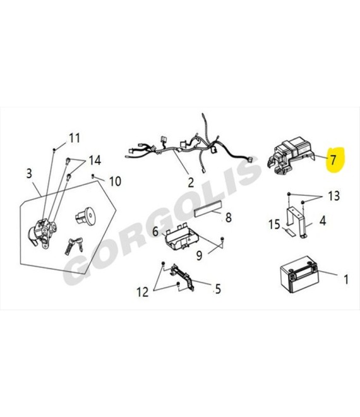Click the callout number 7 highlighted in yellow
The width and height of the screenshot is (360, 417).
click(333, 160)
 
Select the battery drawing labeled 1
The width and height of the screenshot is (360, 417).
click(299, 274)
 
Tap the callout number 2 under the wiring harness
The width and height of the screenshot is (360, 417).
click(191, 183)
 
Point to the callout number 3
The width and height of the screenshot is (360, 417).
click(29, 173)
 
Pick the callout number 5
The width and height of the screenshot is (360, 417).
click(218, 289)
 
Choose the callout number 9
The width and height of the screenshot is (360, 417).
click(199, 255)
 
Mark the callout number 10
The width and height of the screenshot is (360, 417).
click(115, 181)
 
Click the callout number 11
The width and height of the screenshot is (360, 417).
click(74, 138)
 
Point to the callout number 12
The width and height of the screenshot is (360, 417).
click(142, 292)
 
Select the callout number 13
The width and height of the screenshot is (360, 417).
click(333, 196)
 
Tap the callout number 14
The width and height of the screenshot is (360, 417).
click(95, 160)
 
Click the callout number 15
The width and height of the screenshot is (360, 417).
click(274, 224)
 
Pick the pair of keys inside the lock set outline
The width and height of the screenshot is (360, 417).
click(74, 246)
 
